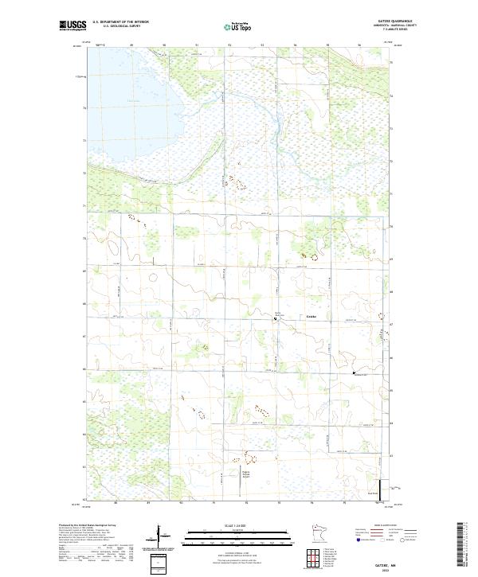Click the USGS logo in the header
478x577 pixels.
(72, 25)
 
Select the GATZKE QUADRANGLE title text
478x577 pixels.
(399, 21)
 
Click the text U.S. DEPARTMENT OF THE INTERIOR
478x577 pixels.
(120, 21)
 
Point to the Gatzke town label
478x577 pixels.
(312, 317)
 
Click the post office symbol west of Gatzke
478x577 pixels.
(276, 319)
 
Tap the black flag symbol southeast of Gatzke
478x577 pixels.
(354, 372)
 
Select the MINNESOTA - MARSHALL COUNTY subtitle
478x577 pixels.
(400, 25)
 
